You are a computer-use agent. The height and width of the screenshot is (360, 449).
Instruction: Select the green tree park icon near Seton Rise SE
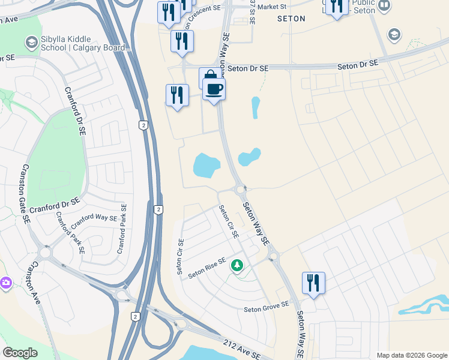238,265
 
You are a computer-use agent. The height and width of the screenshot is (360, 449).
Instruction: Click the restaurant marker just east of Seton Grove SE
313,283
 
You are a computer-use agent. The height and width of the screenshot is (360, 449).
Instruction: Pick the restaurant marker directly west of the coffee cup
177,95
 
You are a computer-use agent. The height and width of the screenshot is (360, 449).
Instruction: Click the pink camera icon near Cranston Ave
5,282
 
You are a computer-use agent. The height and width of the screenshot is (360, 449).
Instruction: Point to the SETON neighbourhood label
291,19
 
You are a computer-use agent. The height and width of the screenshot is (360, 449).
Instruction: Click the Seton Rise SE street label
206,268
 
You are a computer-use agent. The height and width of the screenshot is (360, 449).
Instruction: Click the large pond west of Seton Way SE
206,165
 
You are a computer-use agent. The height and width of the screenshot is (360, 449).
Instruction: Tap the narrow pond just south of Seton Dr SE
256,107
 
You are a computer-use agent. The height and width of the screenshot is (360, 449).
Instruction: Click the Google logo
20,353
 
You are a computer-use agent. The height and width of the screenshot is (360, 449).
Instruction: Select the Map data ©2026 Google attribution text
411,355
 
